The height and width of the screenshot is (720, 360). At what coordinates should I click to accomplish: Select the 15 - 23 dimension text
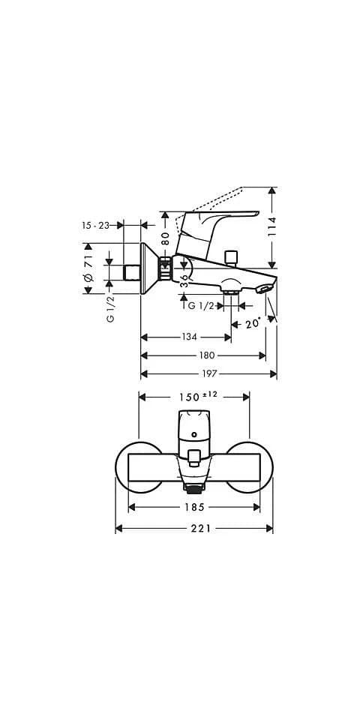[x=95, y=225]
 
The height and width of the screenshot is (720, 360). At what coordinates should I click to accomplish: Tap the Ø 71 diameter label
[x=88, y=268]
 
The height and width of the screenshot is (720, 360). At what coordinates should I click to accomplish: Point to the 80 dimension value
[x=165, y=238]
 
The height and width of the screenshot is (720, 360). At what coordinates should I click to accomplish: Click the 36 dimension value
[x=184, y=280]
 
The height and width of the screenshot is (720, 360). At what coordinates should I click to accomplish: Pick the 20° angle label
[x=253, y=324]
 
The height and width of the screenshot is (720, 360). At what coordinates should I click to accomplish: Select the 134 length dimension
[x=189, y=337]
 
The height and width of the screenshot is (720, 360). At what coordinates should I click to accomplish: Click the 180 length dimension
[x=207, y=355]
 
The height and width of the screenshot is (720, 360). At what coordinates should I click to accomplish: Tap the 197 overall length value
[x=209, y=373]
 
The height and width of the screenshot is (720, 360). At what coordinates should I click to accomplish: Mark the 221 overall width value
[x=201, y=529]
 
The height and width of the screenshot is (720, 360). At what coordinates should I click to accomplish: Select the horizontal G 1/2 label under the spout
[x=202, y=305]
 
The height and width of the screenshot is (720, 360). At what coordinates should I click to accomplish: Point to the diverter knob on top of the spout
[x=231, y=257]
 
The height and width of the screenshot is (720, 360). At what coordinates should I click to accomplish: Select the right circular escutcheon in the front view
[x=257, y=467]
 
